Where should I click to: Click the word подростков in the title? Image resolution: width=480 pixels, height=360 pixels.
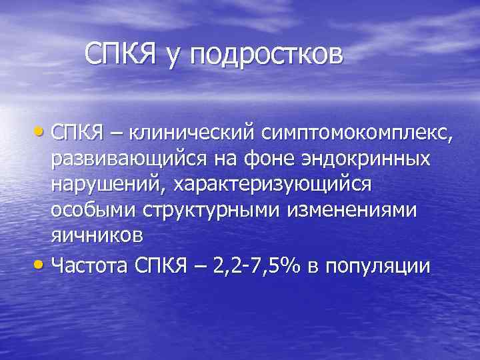click(267, 55)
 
